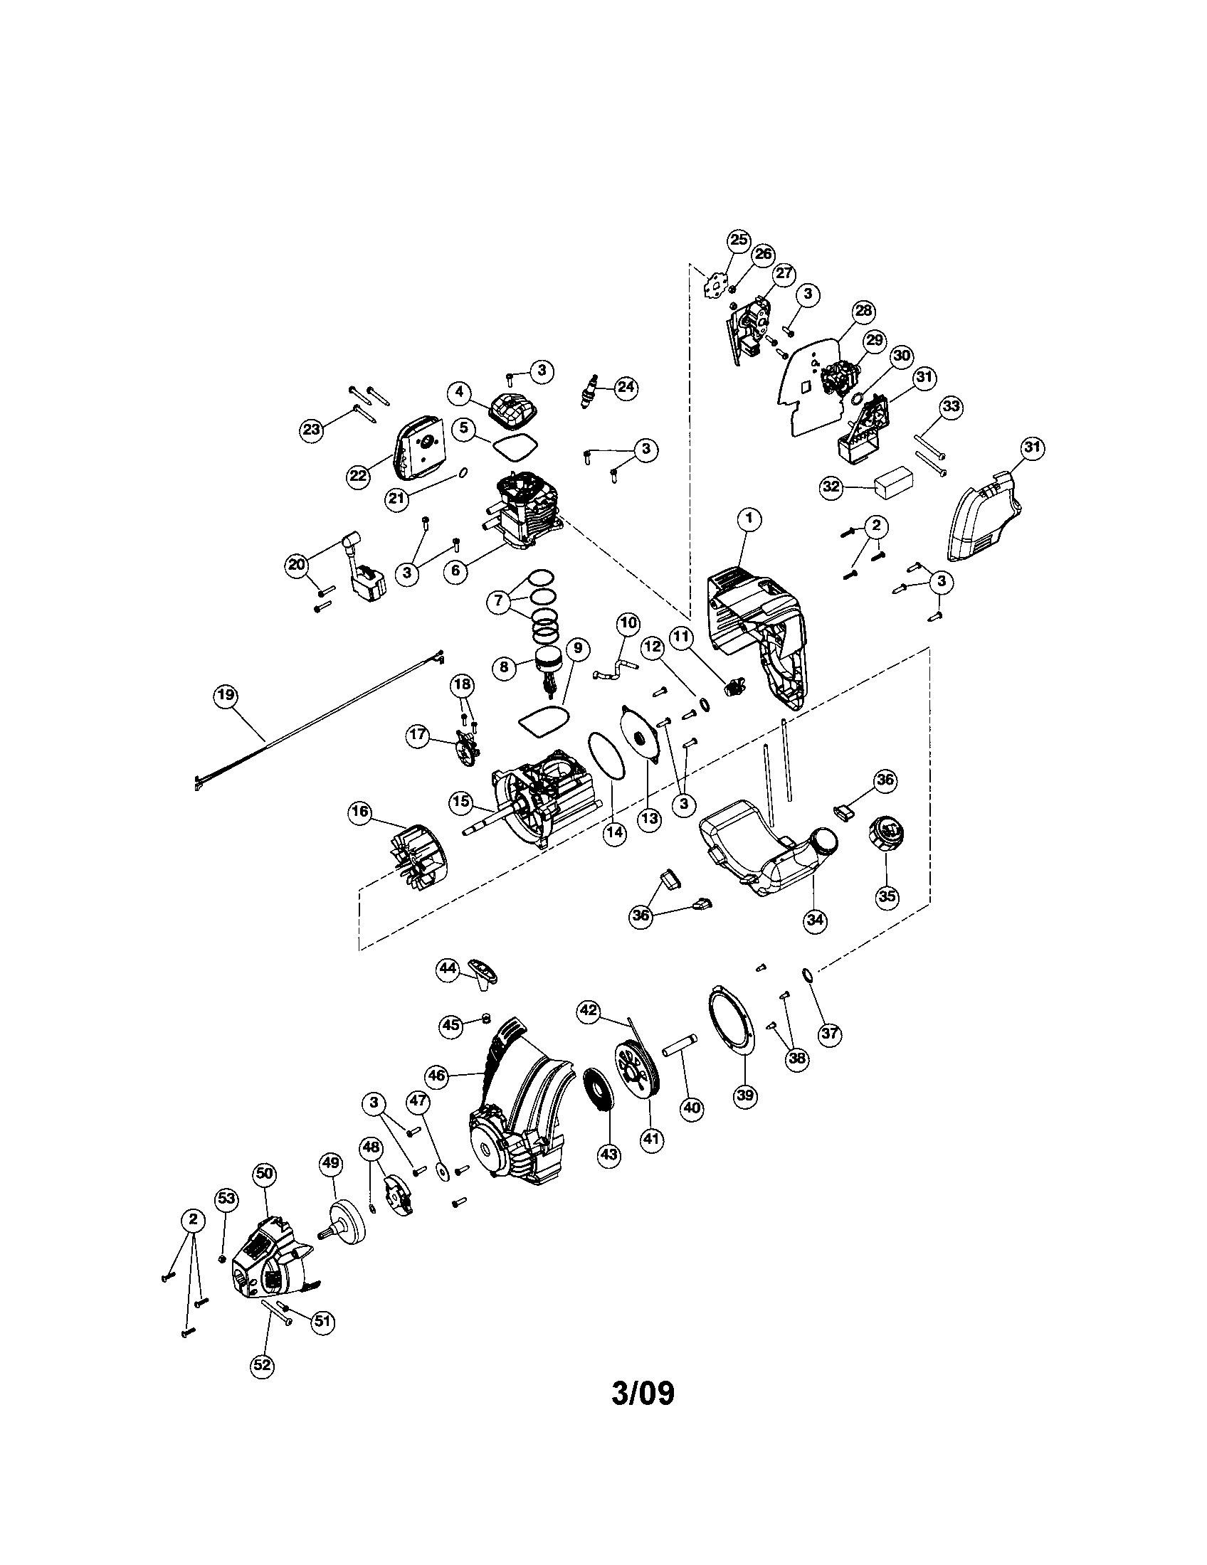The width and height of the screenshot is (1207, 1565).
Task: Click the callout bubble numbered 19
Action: pos(226,695)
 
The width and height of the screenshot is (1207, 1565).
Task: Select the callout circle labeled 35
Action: pos(887,896)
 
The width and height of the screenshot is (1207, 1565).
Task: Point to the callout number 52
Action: pos(263,1365)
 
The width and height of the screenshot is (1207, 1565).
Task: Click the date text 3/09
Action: pos(643,1394)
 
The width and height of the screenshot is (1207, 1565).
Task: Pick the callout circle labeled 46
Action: pos(436,1076)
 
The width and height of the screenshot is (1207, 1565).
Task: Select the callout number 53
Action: pos(226,1198)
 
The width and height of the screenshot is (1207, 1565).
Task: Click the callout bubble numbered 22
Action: pos(358,475)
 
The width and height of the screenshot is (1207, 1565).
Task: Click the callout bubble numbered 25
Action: pos(738,239)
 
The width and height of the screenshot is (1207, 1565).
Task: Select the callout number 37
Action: pos(829,1034)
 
